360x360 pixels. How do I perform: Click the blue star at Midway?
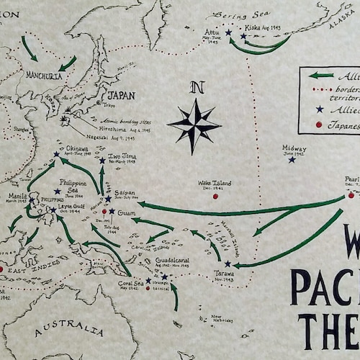[x=292, y=159]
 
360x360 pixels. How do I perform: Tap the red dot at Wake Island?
[x=215, y=195]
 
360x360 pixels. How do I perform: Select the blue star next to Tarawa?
[x=227, y=264]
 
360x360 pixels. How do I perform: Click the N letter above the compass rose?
[x=194, y=88]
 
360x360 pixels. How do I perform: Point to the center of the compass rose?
[x=194, y=125]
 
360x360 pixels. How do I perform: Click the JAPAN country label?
[x=121, y=95]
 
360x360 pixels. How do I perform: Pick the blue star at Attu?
[x=228, y=32]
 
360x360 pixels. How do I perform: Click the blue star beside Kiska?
[x=243, y=36]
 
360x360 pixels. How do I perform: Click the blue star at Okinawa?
[x=56, y=154]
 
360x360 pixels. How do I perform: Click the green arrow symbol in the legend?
[x=321, y=75]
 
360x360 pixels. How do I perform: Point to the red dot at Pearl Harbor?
[x=351, y=195]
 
